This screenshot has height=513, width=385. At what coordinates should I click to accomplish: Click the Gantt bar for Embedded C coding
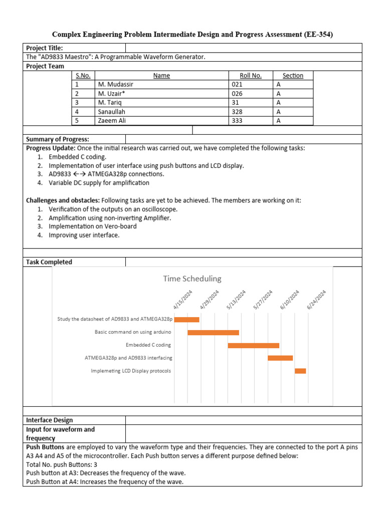click(253, 345)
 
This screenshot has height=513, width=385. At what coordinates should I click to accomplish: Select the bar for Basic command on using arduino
click(213, 332)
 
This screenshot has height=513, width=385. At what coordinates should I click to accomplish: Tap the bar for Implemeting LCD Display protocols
click(300, 371)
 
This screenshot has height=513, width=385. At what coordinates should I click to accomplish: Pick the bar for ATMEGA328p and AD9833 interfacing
click(280, 358)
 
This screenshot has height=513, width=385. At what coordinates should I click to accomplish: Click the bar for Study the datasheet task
click(186, 319)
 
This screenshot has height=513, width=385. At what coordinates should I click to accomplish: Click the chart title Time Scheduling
click(192, 279)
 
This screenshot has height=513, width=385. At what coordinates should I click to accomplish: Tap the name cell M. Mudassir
click(116, 85)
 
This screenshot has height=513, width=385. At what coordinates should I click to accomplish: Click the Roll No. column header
click(251, 76)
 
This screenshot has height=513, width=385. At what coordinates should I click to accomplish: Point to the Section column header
click(293, 76)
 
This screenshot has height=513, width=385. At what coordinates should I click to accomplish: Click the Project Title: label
click(45, 48)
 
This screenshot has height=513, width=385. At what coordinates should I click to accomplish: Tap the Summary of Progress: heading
click(57, 139)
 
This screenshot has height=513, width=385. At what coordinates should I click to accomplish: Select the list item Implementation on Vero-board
click(92, 226)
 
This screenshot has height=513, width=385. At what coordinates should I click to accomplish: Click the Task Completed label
click(49, 262)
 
